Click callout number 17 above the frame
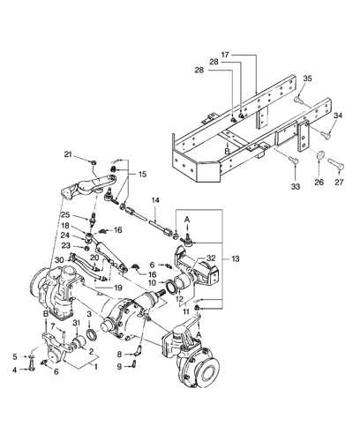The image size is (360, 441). point(225,55)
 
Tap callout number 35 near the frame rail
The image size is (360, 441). point(307,78)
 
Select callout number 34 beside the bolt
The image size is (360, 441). point(338,116)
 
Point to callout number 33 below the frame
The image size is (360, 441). point(295,186)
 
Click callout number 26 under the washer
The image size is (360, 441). point(319,183)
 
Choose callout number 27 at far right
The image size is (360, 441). point(339,183)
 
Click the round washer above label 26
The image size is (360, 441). point(320,154)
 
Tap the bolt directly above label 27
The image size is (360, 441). point(336,164)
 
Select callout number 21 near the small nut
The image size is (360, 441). point(68,154)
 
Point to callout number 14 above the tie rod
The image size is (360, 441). point(155,200)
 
